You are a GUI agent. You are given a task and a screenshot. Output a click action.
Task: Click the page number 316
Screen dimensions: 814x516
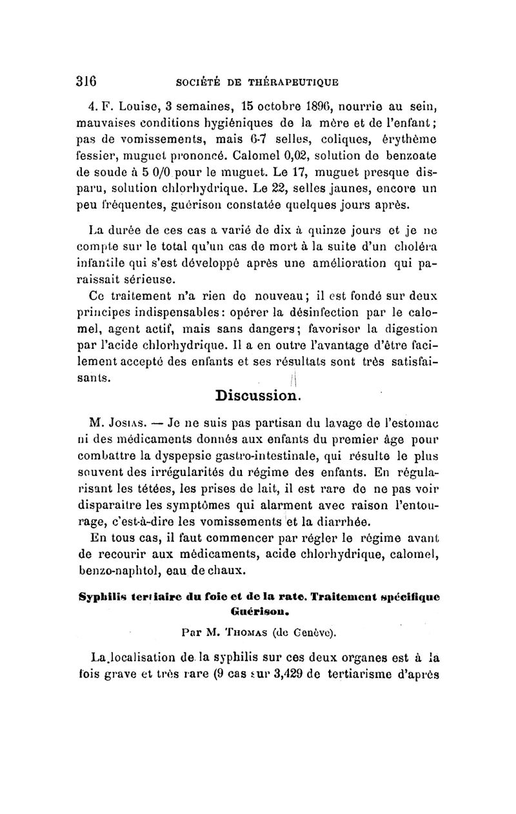[85, 82]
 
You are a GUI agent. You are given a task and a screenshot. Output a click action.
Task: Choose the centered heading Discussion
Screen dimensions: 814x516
[256, 393]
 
